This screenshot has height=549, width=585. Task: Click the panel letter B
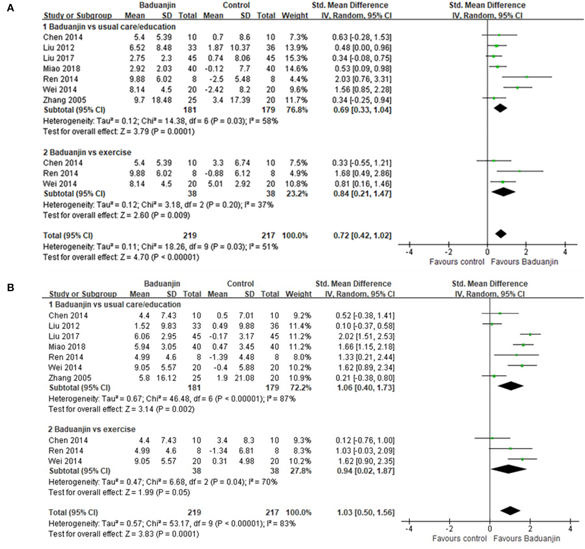click(x=10, y=287)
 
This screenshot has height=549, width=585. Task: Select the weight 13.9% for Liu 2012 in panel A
click(x=295, y=48)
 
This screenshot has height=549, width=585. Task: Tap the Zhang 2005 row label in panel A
click(x=64, y=100)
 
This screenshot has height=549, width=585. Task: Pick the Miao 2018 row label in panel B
click(x=67, y=347)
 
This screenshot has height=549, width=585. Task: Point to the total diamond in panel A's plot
click(x=501, y=234)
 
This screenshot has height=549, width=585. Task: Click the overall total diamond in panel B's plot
click(x=510, y=511)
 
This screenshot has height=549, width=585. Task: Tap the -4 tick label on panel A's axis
click(x=409, y=252)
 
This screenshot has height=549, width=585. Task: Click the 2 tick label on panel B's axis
click(x=530, y=529)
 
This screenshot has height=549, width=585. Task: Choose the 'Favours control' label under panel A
click(x=456, y=262)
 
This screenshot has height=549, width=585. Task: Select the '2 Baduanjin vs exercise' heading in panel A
click(x=87, y=152)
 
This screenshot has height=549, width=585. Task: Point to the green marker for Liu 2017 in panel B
click(x=530, y=335)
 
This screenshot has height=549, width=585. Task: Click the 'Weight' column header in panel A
click(x=294, y=16)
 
